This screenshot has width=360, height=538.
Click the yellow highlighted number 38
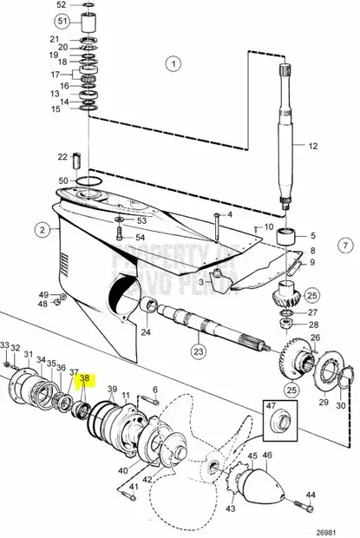click(x=85, y=378)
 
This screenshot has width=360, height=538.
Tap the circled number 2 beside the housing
click(x=41, y=229)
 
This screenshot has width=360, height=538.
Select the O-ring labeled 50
click(x=88, y=181)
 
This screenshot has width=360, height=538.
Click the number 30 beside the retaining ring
click(x=339, y=405)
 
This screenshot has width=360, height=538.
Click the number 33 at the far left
click(x=5, y=345)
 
